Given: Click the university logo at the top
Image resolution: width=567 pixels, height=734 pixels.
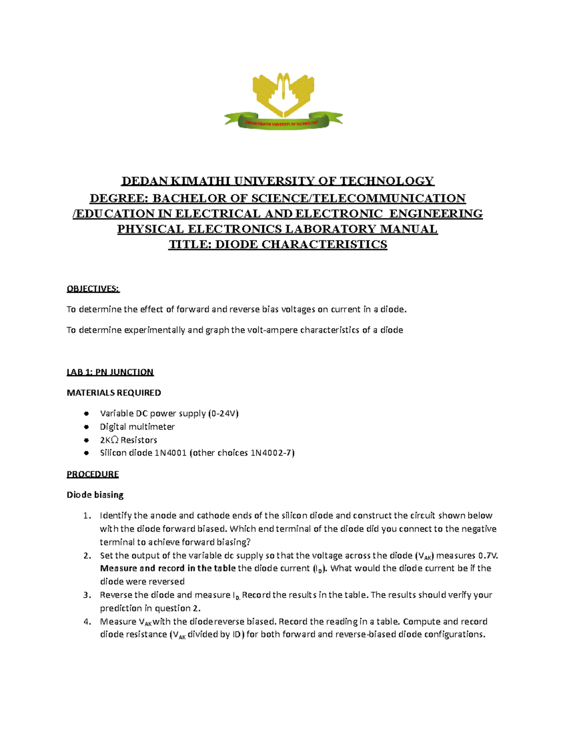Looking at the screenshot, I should tap(283, 101).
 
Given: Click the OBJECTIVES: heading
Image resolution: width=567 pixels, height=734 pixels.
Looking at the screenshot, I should tap(93, 289).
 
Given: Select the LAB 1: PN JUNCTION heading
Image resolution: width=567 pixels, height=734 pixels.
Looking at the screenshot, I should tap(110, 372).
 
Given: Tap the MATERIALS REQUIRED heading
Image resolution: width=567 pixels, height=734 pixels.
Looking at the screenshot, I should tap(114, 393).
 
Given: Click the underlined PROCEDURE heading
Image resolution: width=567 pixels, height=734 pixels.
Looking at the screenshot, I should tap(93, 474).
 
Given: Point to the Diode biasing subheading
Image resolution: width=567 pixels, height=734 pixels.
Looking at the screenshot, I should tap(95, 495).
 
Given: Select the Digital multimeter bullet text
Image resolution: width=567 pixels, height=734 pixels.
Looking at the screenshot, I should tap(137, 427).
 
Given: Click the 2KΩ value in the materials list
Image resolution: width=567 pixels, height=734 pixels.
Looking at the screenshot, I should tap(109, 440).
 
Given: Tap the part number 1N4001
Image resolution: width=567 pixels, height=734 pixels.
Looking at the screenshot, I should tap(171, 453).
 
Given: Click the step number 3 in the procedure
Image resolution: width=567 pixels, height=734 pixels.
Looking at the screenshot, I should tap(87, 595).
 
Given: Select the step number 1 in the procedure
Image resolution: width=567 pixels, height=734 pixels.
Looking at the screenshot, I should tap(87, 516).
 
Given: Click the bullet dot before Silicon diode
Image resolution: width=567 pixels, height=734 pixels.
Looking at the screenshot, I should tap(86, 453).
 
